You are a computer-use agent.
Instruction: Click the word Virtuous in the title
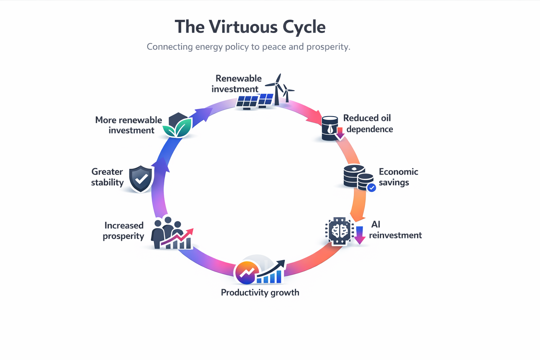point(243,27)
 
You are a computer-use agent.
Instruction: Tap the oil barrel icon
point(330,128)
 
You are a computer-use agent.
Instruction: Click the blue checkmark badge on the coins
point(372,188)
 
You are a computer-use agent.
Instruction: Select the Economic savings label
point(398,177)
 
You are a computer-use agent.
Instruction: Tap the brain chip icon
point(339,231)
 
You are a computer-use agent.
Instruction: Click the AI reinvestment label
point(395,230)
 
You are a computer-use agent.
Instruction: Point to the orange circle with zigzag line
point(247,273)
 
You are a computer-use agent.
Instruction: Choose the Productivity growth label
point(260,292)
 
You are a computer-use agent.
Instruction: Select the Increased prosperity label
point(123,231)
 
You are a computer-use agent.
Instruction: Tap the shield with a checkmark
point(141,179)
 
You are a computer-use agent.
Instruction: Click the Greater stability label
point(107,177)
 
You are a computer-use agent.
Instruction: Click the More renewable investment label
point(128,125)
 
